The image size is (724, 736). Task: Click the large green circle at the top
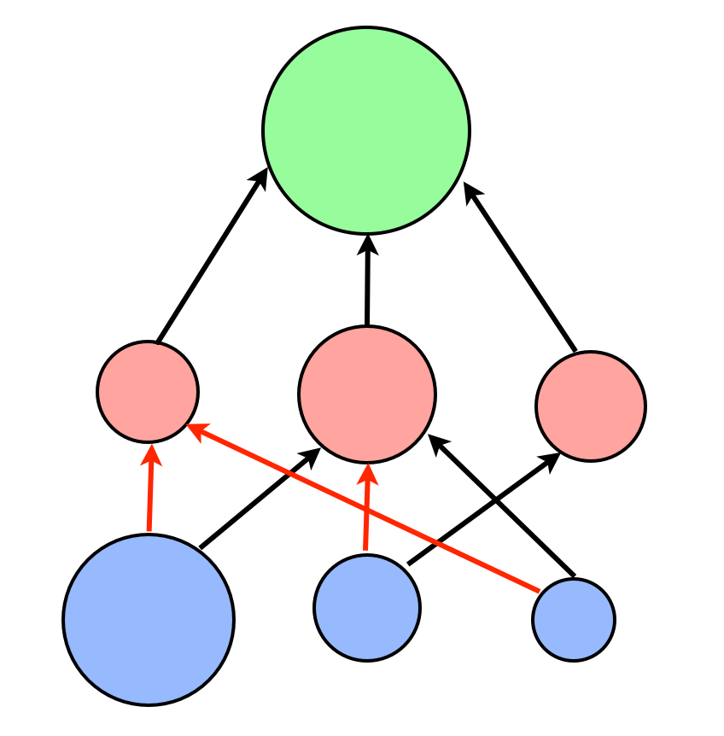click(366, 131)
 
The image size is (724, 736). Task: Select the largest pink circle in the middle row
click(367, 394)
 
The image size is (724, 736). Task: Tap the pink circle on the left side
click(148, 392)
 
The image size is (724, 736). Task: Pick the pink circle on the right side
click(591, 406)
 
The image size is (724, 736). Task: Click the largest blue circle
click(149, 620)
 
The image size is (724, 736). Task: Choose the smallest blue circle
click(574, 619)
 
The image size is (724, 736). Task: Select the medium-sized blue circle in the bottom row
click(367, 607)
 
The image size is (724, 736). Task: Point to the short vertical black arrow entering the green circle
click(368, 282)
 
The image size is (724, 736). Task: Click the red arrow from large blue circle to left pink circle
click(151, 491)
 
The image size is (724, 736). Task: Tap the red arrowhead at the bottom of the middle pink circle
click(369, 471)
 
